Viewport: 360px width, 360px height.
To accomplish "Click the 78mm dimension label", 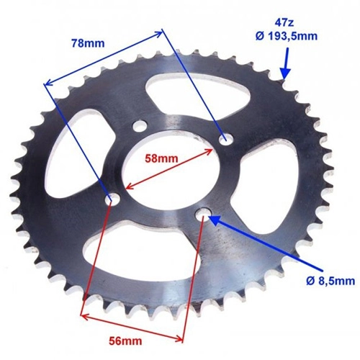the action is (x=88, y=43).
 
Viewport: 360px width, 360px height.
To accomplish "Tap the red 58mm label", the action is (x=161, y=158).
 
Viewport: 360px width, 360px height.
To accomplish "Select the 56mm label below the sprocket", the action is (x=125, y=341).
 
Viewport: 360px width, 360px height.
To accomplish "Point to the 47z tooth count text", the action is (x=284, y=23).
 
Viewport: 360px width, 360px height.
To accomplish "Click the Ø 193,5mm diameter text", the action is (x=287, y=36).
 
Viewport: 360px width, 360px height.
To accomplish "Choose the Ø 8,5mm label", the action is (x=330, y=281).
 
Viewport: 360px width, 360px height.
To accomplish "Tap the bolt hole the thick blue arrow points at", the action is (x=204, y=215).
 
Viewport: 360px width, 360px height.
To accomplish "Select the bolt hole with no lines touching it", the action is (x=140, y=126).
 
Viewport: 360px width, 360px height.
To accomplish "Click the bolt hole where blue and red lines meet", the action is (x=113, y=198).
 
